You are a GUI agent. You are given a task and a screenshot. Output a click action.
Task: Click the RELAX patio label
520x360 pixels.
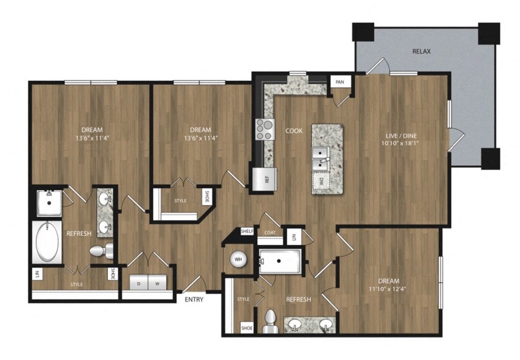[421, 51]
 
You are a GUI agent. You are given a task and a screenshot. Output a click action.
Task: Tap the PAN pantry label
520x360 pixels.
[339, 82]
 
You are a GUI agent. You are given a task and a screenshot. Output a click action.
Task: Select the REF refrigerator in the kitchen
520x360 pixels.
[266, 179]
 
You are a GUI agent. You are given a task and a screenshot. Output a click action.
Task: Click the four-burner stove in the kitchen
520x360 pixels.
[264, 129]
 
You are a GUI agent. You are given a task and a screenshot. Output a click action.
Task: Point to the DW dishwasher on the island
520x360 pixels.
[320, 180]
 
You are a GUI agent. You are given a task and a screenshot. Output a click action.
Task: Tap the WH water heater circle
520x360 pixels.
[238, 259]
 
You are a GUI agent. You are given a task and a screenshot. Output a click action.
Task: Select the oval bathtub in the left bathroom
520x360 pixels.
[47, 241]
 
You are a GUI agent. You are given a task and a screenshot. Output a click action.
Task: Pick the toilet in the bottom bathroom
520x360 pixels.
[271, 321]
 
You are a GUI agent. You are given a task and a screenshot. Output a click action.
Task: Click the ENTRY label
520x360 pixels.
[194, 300]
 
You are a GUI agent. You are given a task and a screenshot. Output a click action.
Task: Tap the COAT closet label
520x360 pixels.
[270, 233]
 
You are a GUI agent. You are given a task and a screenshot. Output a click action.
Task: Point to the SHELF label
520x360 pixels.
[247, 231]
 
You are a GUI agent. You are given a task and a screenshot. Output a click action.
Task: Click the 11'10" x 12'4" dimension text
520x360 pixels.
[388, 290]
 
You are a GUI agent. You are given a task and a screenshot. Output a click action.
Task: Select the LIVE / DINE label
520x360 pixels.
[401, 136]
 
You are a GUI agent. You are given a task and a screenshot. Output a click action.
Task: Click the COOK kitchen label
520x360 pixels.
[294, 131]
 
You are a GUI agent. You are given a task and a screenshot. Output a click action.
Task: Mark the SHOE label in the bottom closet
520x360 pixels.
[247, 328]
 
